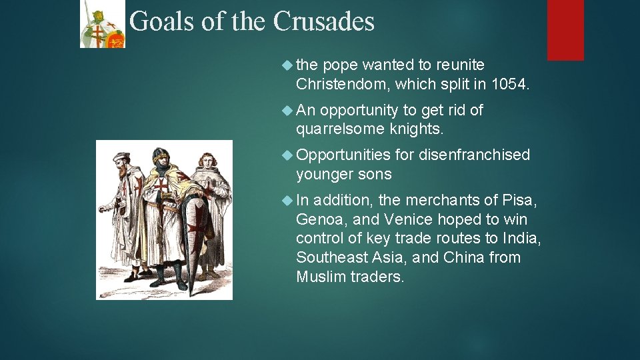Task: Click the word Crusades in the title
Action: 324,22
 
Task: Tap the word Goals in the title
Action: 162,22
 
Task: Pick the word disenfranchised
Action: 474,155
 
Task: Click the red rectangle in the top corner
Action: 565,30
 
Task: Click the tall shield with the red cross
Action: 197,237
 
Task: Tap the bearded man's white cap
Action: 121,157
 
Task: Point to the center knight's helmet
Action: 161,157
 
